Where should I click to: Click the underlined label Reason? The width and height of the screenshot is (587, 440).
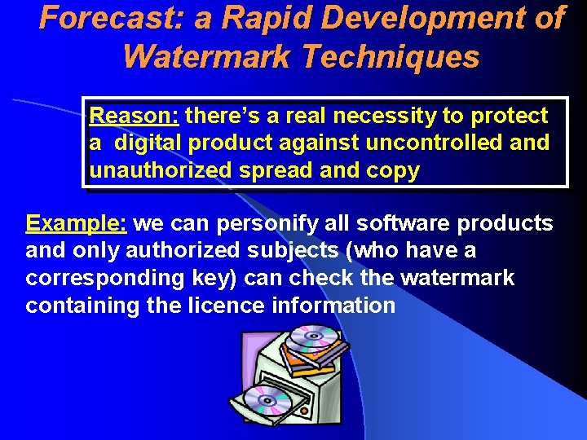[x=134, y=116]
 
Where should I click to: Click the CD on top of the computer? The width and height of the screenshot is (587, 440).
[x=314, y=336]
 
